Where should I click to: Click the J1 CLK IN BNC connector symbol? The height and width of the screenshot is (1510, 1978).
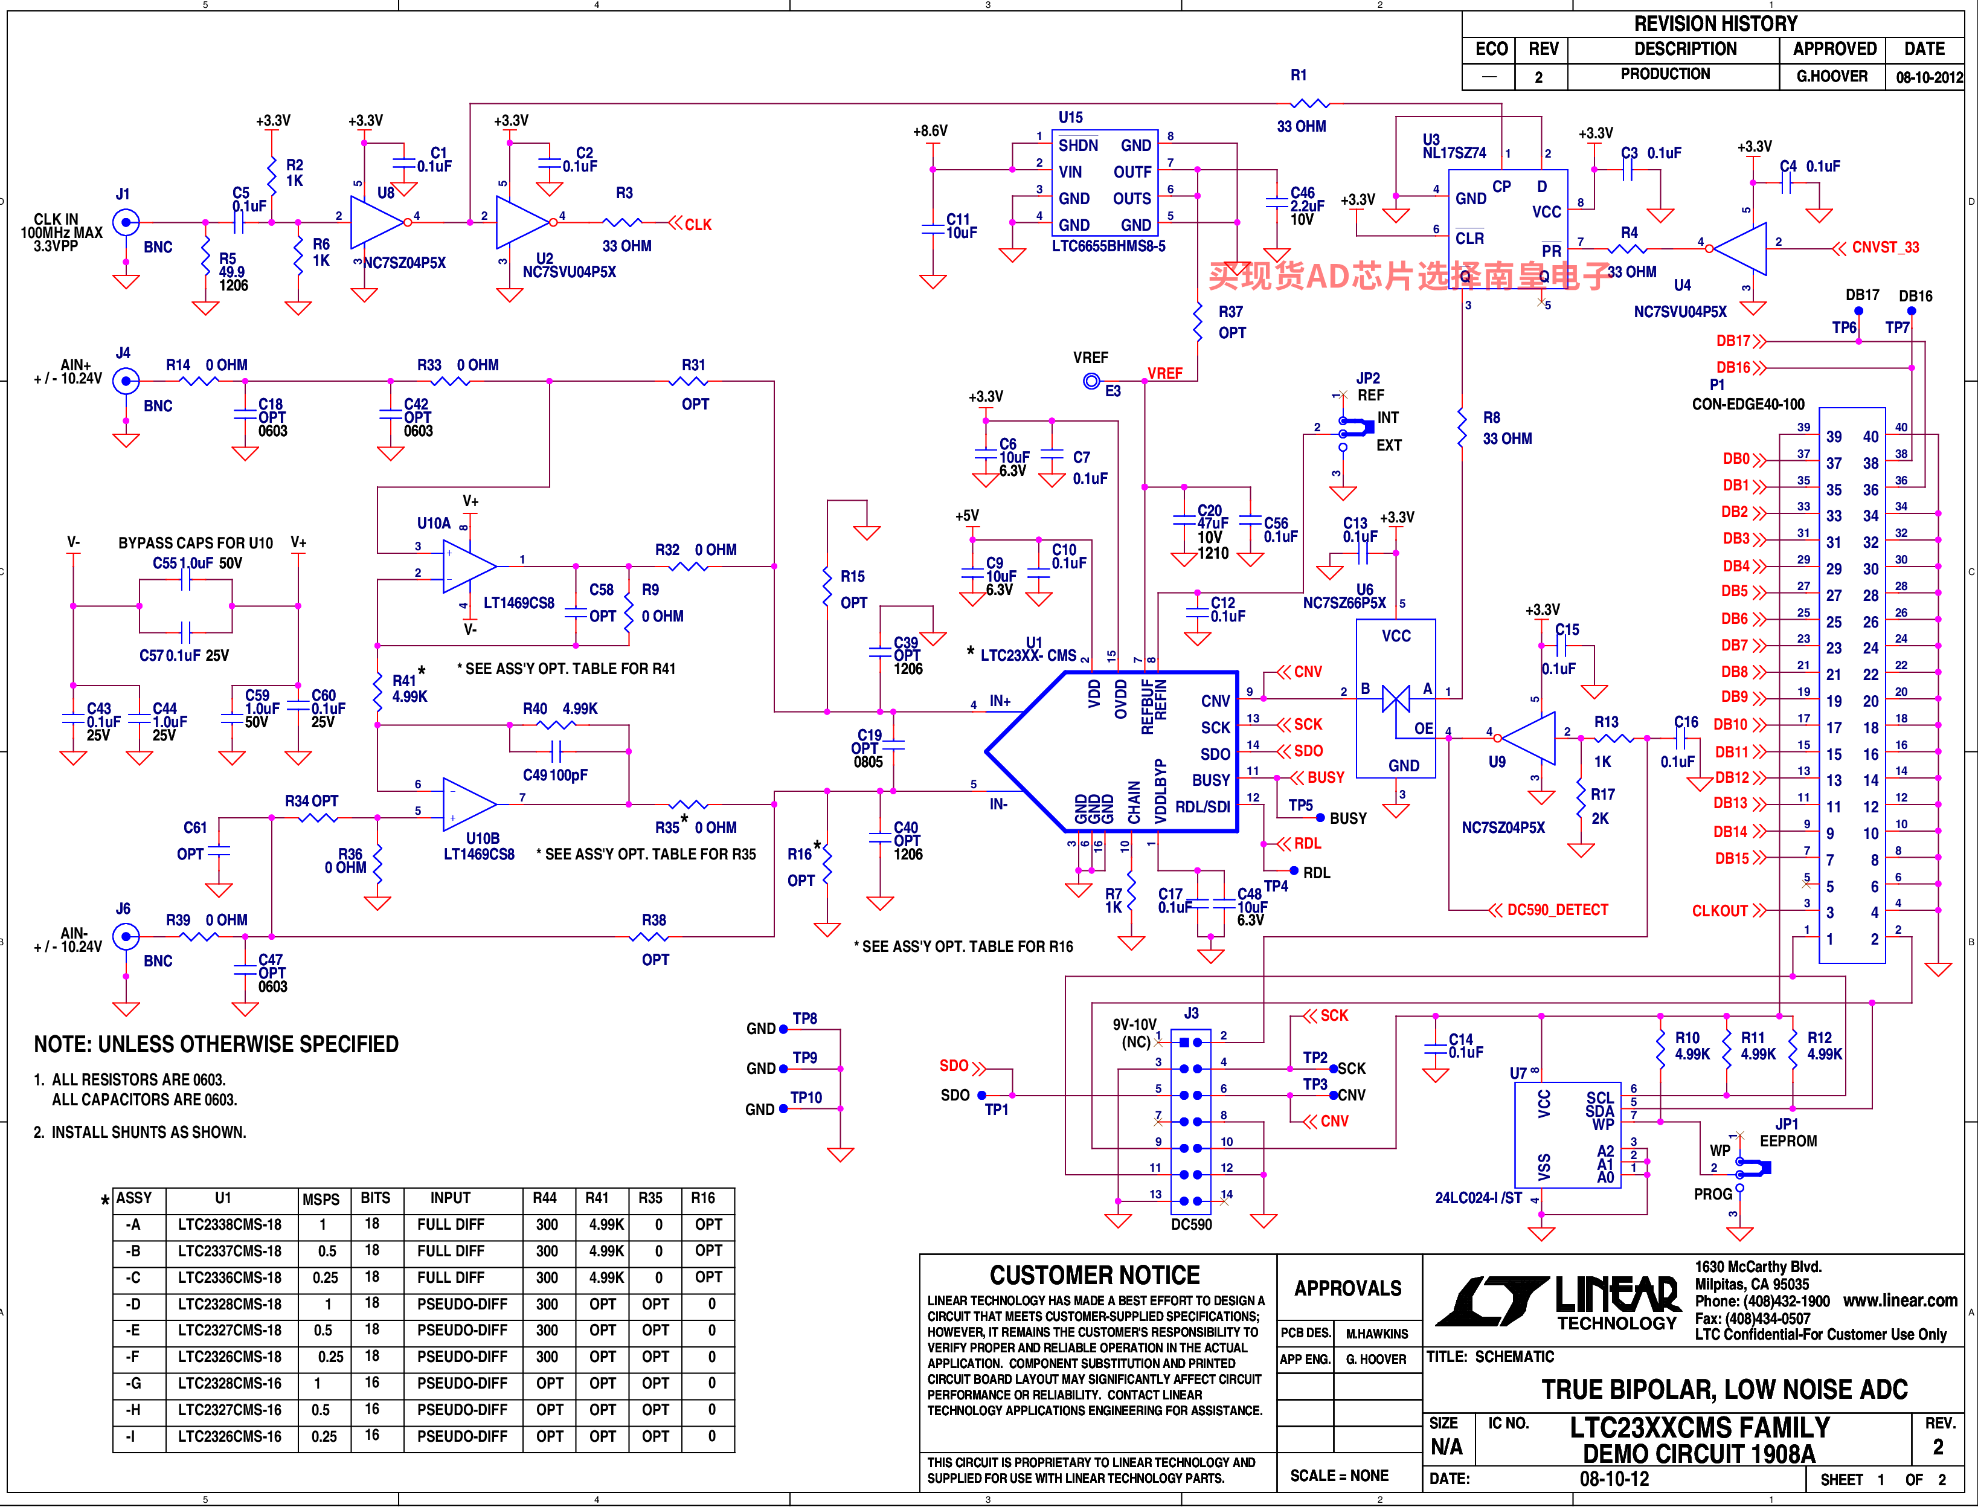126,222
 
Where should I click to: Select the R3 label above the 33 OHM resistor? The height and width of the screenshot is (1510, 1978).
625,193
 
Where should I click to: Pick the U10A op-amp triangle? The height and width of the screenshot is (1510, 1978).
470,567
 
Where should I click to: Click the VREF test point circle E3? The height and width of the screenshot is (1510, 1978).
1091,381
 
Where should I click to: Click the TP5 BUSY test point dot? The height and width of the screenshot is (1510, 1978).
1320,818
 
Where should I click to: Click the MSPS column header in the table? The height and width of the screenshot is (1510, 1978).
321,1199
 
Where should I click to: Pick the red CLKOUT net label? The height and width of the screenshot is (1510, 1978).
1720,910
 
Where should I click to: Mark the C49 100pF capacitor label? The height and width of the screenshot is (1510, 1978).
554,775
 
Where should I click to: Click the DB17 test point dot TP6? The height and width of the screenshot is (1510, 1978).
1858,311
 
